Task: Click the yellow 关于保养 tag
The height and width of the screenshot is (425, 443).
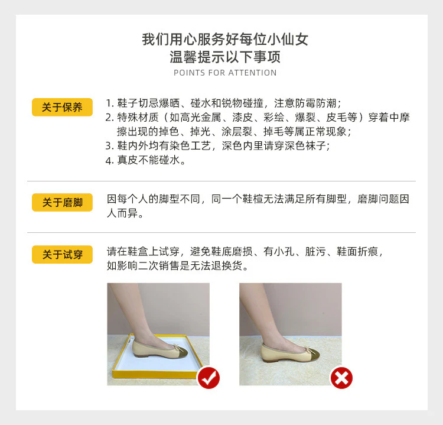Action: pos(62,108)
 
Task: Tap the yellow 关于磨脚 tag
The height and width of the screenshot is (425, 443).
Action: pos(62,203)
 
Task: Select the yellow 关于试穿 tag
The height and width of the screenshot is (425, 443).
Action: pos(62,255)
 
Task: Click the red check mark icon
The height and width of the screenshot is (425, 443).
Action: pos(208,377)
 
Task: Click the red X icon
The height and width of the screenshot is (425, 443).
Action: pos(341,377)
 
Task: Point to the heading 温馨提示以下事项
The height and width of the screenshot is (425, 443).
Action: pos(225,57)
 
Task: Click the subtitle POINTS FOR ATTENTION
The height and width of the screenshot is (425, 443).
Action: pos(225,73)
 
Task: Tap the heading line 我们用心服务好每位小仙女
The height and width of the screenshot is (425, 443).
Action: pos(225,40)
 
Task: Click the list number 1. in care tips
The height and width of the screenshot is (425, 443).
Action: pos(109,102)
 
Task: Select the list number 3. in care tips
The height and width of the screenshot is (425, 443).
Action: pos(109,146)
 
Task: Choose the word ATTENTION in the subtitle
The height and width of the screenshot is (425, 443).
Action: pos(252,73)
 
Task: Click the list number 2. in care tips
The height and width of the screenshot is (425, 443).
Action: pos(109,117)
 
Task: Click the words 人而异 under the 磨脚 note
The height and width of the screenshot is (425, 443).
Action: pos(125,213)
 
